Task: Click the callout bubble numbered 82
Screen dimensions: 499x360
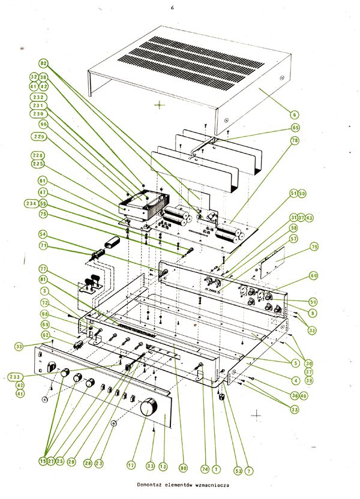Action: [x=43, y=63]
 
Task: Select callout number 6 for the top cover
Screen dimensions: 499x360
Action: [x=295, y=114]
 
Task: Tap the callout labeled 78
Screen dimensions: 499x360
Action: [x=295, y=140]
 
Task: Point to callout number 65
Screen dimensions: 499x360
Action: [x=295, y=127]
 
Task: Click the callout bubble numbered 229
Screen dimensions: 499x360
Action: [x=40, y=137]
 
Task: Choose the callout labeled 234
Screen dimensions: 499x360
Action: [x=31, y=204]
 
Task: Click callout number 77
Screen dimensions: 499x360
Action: [x=43, y=269]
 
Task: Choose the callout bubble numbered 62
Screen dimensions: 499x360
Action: [x=45, y=335]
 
